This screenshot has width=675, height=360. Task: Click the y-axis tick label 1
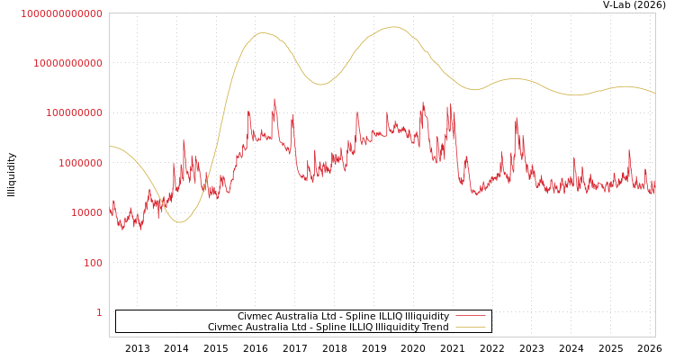[99, 312]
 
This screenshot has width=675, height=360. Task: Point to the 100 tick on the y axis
[94, 263]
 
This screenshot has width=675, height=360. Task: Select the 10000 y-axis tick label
[87, 212]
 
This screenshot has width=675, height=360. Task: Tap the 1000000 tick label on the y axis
[81, 163]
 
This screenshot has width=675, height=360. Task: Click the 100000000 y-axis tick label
[75, 112]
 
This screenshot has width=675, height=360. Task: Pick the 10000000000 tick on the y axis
[68, 63]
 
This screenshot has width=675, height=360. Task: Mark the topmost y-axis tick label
[62, 13]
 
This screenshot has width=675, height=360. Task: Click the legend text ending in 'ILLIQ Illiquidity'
[343, 317]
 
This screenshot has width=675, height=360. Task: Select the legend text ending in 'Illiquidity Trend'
[328, 328]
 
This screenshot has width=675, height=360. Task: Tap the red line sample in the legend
[470, 317]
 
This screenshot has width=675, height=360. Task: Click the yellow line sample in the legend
[470, 328]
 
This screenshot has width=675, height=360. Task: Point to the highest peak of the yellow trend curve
[393, 27]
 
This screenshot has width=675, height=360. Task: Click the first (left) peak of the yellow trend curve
[262, 33]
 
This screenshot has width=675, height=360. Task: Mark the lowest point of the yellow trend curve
[179, 221]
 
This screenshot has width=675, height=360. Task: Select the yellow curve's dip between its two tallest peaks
[321, 85]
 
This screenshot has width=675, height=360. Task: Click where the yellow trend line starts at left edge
[111, 146]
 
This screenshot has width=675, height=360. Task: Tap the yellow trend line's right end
[654, 94]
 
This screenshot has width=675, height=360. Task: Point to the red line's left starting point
[111, 211]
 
